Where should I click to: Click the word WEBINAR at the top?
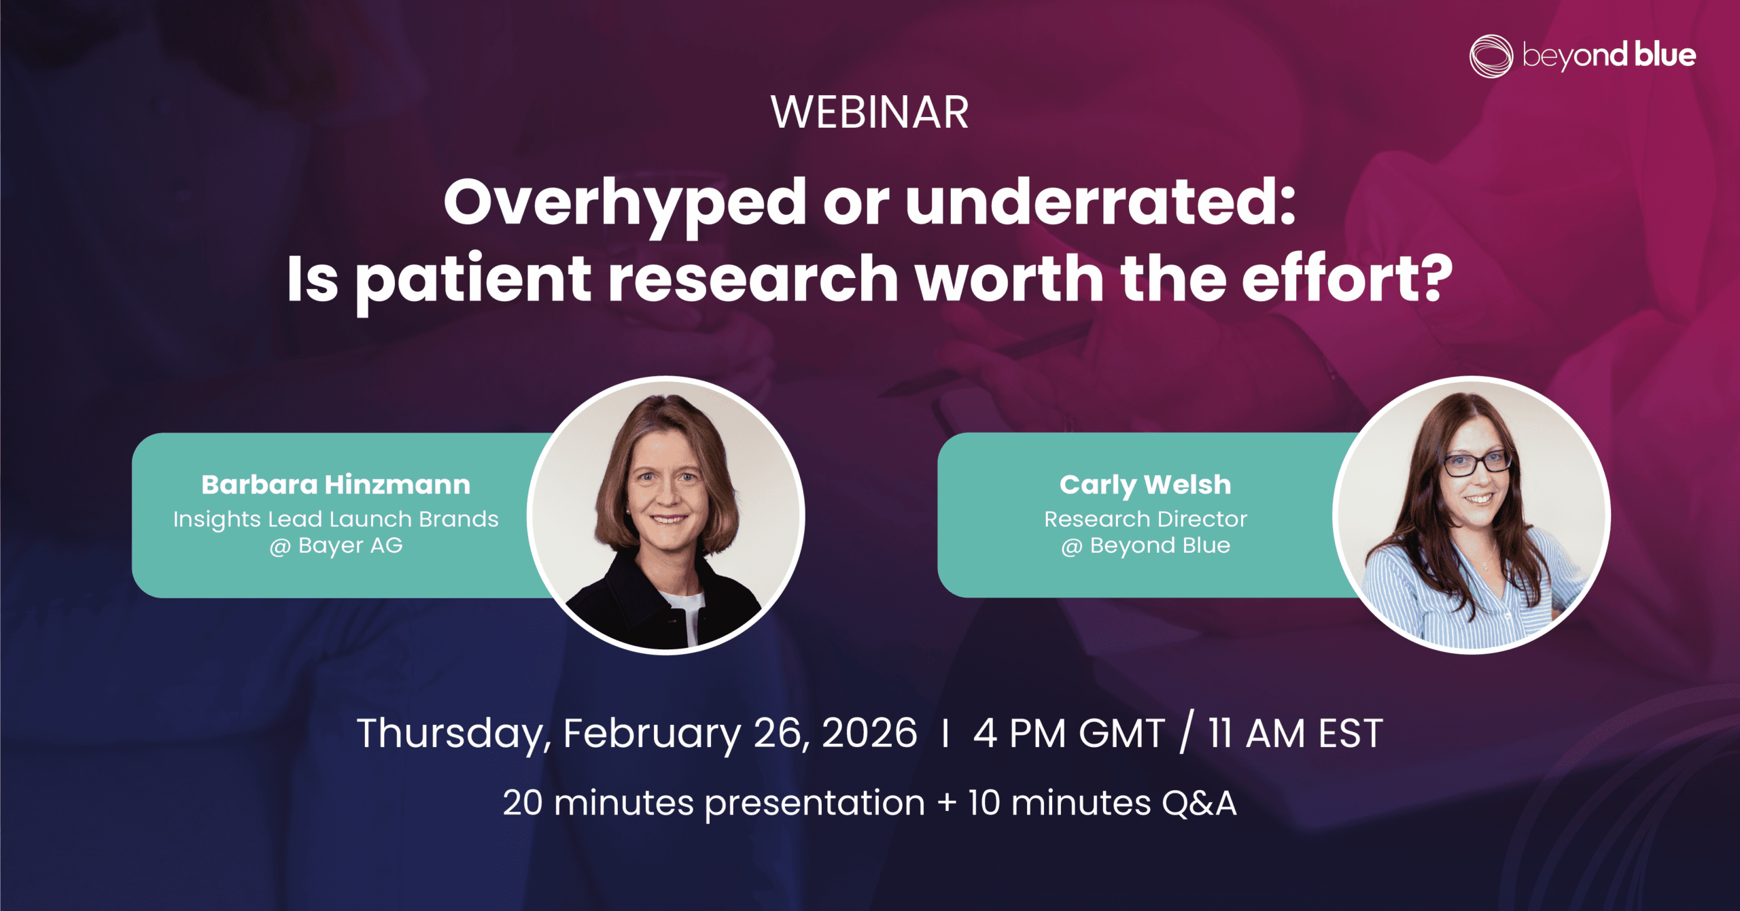click(869, 112)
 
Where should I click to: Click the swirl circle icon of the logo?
click(1491, 56)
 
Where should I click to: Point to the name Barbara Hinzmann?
click(336, 485)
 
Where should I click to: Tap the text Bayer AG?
click(351, 545)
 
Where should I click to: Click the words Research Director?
click(1145, 519)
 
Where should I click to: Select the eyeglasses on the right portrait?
click(1476, 464)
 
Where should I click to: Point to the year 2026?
click(869, 733)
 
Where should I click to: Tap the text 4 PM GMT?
click(1069, 734)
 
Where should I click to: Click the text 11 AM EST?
click(1295, 734)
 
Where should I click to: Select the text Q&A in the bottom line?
click(1199, 803)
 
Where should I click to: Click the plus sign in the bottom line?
click(947, 804)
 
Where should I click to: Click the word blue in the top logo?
click(1665, 54)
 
